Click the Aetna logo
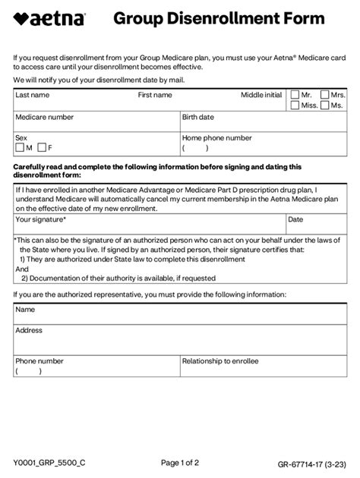coord(50,19)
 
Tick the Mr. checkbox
coord(295,95)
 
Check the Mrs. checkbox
coord(324,95)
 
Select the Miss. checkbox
coord(295,105)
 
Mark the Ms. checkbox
coord(324,105)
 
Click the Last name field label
coord(32,95)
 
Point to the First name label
coord(155,95)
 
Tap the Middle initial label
coord(261,95)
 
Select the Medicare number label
coord(44,118)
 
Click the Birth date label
coord(198,118)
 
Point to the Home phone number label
coord(216,138)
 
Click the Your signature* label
coord(40,219)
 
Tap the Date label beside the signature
coord(296,219)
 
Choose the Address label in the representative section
coord(29,330)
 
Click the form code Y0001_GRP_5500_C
coord(49,462)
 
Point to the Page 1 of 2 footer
coord(180,462)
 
